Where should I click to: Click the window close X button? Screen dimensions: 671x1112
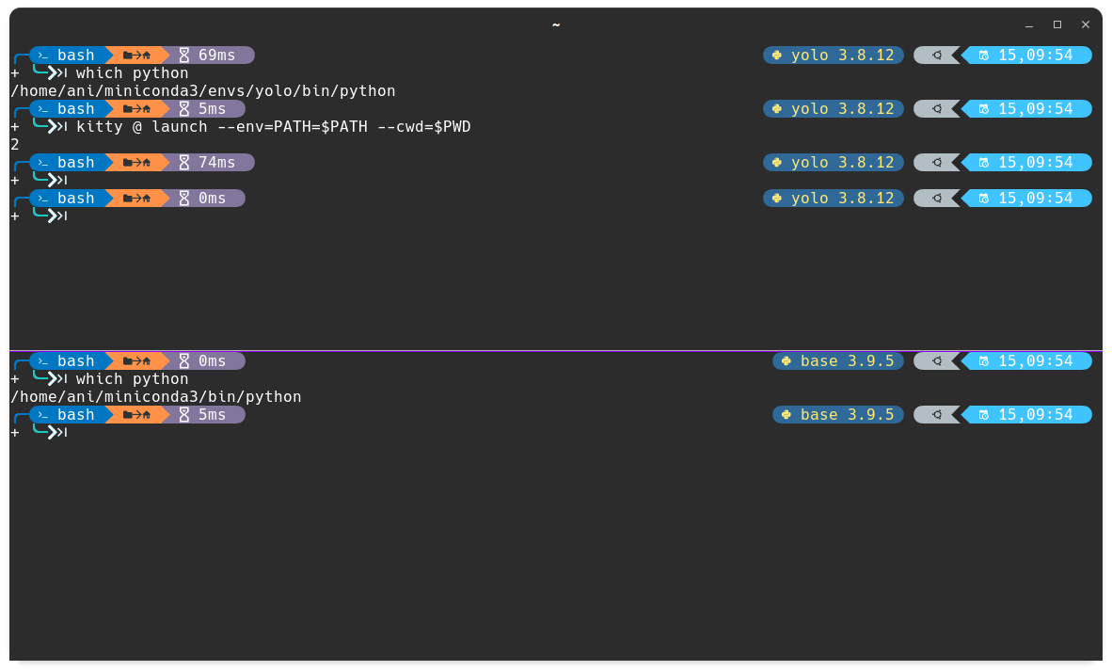coord(1085,24)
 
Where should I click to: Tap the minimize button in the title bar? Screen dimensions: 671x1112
coord(1029,24)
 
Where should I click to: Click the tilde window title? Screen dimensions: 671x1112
coord(556,24)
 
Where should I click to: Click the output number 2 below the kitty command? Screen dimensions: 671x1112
coord(15,144)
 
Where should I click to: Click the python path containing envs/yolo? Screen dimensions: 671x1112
coord(202,90)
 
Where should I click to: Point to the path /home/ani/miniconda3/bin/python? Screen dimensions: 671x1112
coord(155,396)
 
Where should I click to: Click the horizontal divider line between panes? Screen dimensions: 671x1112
coord(555,350)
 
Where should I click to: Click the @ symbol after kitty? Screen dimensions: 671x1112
coord(137,126)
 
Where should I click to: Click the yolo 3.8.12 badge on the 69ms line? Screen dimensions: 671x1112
coord(834,55)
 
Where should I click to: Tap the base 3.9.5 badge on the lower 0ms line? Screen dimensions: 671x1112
coord(838,360)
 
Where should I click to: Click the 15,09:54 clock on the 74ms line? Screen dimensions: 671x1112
coord(1032,162)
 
